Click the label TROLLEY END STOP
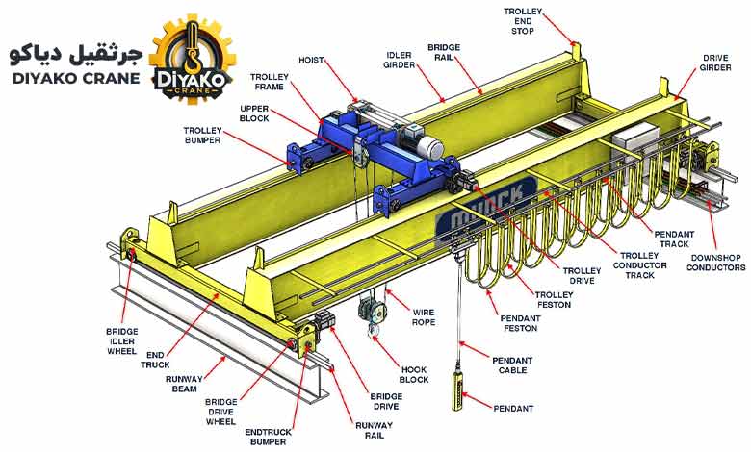(523, 21)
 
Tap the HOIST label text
(311, 61)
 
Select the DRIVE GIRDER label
(715, 63)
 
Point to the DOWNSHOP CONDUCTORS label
(716, 263)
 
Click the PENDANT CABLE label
(512, 364)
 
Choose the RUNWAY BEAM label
(185, 384)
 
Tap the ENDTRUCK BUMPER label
(269, 437)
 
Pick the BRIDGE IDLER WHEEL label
(122, 341)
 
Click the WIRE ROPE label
(424, 317)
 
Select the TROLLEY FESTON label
(555, 299)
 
